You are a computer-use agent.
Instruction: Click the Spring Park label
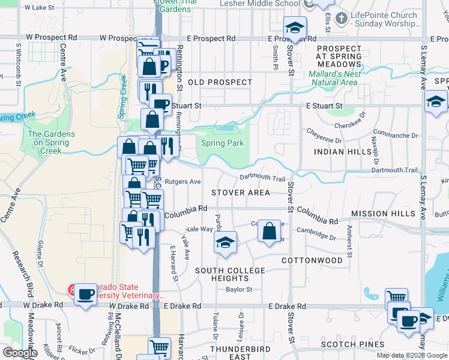coord(222,143)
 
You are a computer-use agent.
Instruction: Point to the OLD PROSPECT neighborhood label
coord(220,82)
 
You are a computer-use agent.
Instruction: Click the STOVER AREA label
coord(240,193)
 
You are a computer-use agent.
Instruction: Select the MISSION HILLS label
coord(383,214)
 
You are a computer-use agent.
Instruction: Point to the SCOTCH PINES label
coord(352,344)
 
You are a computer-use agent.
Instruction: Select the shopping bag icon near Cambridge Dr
coord(270,230)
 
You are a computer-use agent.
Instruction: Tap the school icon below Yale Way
coord(225,242)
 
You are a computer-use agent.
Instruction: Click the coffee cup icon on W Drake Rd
coord(86,295)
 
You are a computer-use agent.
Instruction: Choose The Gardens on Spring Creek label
coord(52,143)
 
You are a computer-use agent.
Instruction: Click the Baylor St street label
coord(239,289)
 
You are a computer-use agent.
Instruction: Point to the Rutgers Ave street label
coord(182,181)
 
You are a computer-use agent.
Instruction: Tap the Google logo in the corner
coord(20,353)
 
